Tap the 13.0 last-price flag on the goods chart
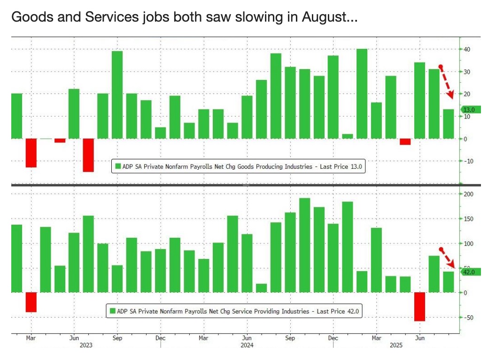pos(471,110)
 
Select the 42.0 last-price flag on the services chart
pos(471,272)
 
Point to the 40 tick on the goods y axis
pos(467,49)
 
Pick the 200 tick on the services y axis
pos(468,194)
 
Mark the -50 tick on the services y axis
pos(468,318)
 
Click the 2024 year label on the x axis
pos(247,345)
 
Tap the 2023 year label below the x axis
pos(86,345)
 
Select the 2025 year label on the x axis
pos(396,345)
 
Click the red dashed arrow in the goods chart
pos(447,82)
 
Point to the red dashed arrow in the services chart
pos(447,258)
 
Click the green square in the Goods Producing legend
pos(118,166)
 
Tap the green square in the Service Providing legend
pos(112,311)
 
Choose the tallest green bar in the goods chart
pos(362,94)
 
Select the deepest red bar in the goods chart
pos(89,155)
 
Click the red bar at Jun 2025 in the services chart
pos(419,306)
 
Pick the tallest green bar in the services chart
pos(305,245)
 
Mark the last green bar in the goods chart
pos(448,124)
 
